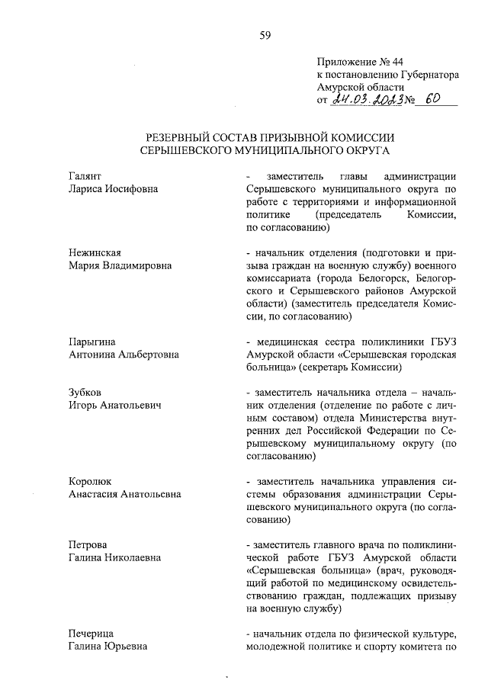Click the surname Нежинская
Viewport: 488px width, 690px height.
[x=95, y=252]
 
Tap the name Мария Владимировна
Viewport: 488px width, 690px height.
[x=120, y=265]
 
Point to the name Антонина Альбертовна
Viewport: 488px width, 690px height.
[x=124, y=355]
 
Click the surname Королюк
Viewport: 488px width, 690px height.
[x=90, y=481]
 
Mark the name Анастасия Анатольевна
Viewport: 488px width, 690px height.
[x=124, y=494]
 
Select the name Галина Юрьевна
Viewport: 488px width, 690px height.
[x=108, y=647]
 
